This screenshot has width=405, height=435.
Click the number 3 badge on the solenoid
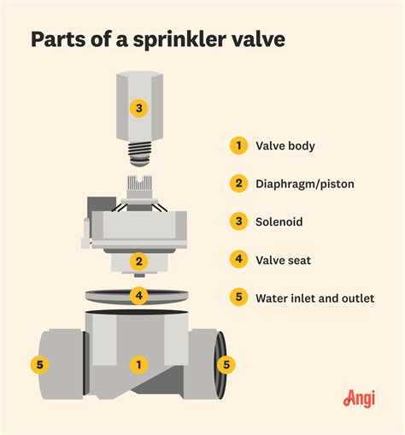pos(139,108)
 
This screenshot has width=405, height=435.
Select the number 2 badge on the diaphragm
pos(138,262)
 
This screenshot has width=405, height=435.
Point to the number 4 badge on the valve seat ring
pos(138,297)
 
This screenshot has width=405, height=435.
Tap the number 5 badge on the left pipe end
pos(39,365)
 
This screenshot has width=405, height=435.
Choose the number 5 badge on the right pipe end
pos(226,365)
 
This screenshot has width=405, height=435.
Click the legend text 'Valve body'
pos(285,145)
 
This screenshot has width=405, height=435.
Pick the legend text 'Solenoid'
pos(279,221)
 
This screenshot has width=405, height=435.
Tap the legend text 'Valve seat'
pos(284,260)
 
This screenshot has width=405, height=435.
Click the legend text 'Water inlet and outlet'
pos(315,298)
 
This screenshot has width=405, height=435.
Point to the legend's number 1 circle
pos(238,145)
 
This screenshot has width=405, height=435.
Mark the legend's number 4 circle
pos(238,260)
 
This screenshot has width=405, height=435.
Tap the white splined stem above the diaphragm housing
pos(138,184)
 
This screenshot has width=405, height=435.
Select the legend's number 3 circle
pos(238,221)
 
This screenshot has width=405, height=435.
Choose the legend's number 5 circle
pos(238,298)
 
